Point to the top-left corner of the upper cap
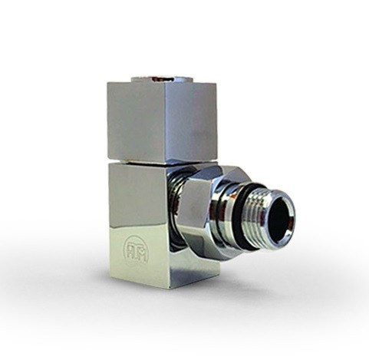(109, 84)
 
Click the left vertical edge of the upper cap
(108, 123)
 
